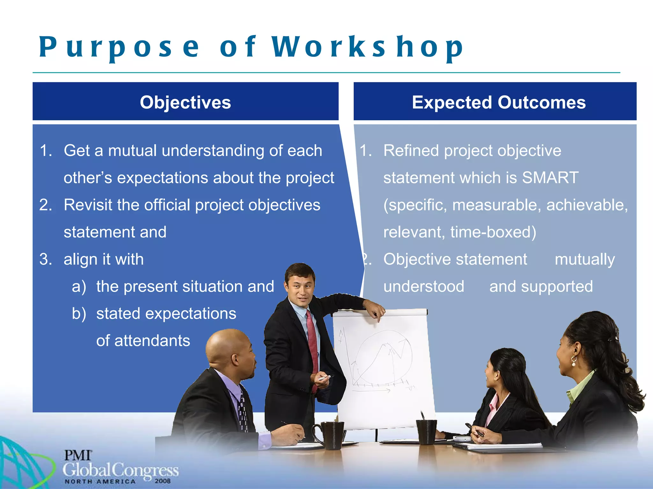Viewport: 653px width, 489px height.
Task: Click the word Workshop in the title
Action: click(367, 47)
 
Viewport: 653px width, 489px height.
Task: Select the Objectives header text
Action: click(185, 103)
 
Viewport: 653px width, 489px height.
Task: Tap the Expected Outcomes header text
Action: click(499, 103)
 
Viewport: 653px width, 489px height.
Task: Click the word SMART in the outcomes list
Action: click(550, 178)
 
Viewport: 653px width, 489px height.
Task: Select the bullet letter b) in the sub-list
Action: click(79, 314)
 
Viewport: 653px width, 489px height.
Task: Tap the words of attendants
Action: click(143, 341)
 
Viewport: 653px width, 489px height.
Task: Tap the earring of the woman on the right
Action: click(574, 361)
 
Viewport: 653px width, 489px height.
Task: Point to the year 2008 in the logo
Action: click(163, 481)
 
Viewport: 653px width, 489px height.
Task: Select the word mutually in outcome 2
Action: click(585, 259)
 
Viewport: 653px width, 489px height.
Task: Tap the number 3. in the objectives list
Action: click(46, 259)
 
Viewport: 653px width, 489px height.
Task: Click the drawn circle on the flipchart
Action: click(383, 357)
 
